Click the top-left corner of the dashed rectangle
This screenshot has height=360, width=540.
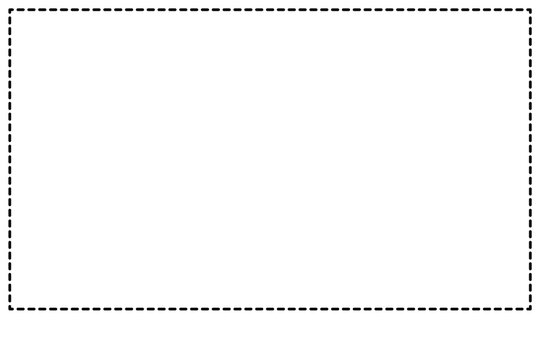coord(10,10)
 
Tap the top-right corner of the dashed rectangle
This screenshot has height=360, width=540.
coord(530,10)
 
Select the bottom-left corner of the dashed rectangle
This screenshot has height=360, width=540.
coord(10,309)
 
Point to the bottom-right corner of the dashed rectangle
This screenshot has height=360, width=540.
coord(530,309)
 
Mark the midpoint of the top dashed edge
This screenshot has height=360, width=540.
coord(270,10)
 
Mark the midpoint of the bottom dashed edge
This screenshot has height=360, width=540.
coord(270,309)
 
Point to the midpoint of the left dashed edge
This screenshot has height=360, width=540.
coord(10,160)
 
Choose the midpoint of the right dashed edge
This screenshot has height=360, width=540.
coord(530,160)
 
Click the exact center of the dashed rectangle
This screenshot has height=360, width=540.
coord(270,160)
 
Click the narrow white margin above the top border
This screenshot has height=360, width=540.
coord(270,4)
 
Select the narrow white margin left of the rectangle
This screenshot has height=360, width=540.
coord(4,160)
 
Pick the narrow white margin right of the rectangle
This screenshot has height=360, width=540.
coord(536,160)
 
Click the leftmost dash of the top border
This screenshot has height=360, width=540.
coord(14,10)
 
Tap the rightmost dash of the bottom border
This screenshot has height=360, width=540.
coord(526,309)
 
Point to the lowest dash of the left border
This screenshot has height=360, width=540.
coord(10,304)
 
